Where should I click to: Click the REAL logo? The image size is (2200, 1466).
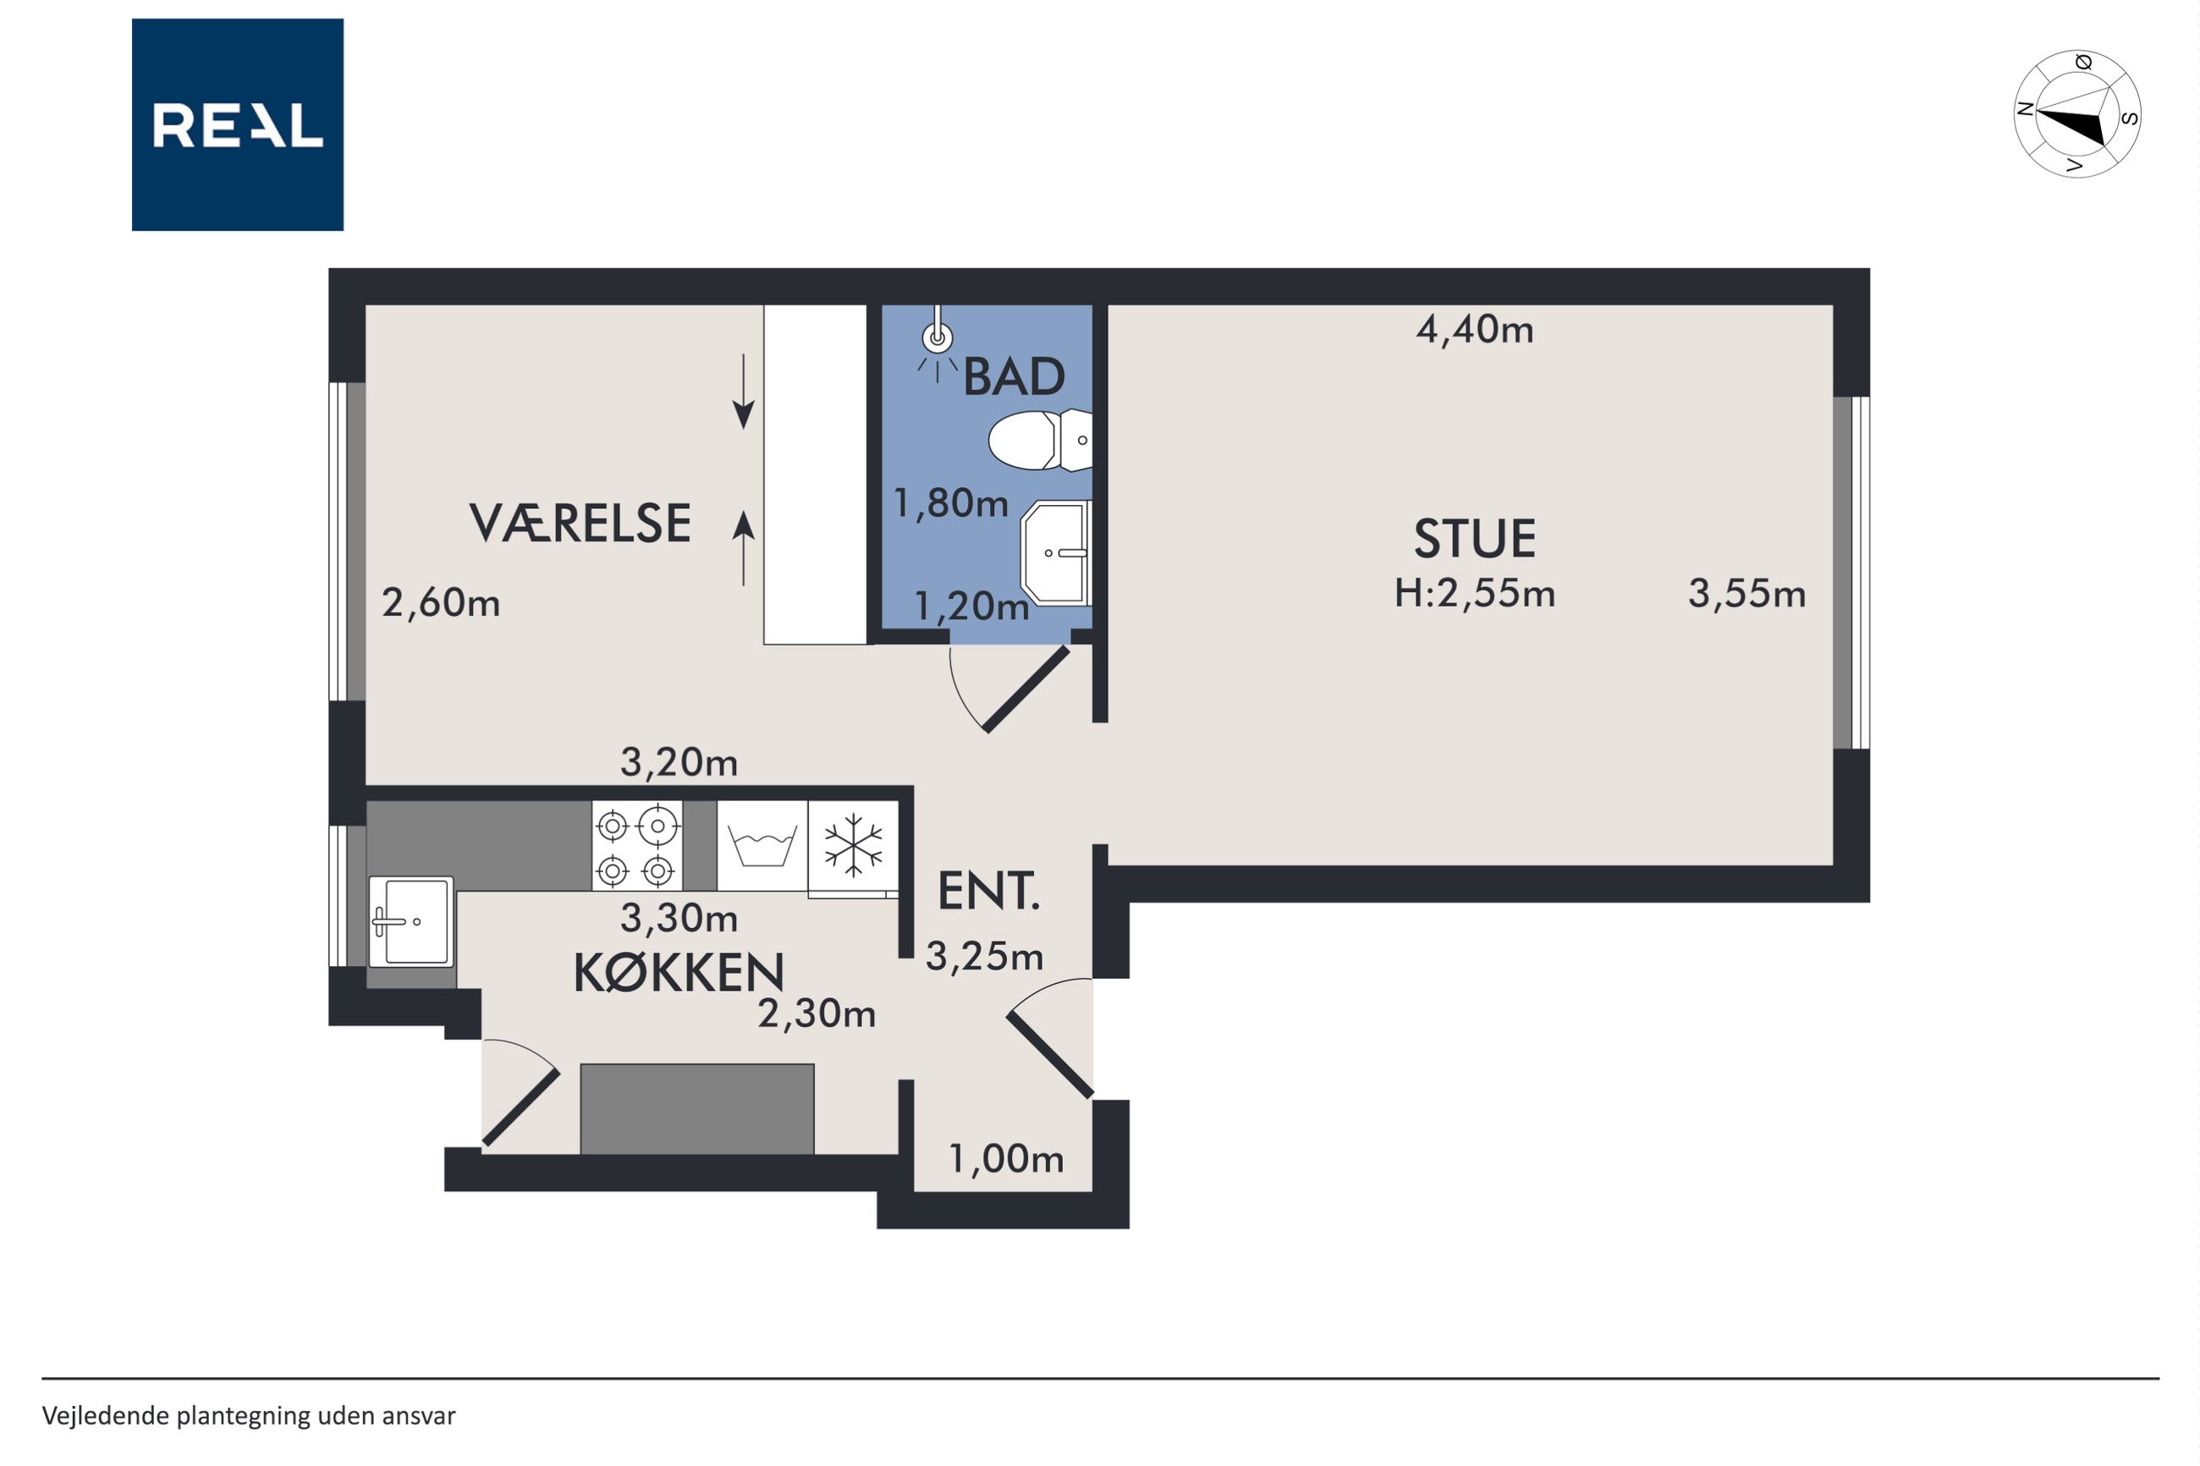(238, 124)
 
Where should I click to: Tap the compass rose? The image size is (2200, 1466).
(2077, 114)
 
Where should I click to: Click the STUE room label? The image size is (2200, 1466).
(1475, 539)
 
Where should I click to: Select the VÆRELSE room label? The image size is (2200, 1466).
(580, 523)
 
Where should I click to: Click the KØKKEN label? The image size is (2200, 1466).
(679, 974)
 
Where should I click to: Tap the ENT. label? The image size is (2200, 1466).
(988, 891)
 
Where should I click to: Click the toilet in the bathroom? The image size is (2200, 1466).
(1040, 439)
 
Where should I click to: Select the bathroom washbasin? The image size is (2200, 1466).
(1057, 552)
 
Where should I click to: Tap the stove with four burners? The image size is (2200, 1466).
(636, 845)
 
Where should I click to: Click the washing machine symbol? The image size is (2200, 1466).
(762, 845)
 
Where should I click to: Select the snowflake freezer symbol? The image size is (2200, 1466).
(853, 845)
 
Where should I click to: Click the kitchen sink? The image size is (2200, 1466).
(411, 921)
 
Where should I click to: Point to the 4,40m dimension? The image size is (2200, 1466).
(1475, 330)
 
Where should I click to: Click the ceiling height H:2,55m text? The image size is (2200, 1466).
(1475, 594)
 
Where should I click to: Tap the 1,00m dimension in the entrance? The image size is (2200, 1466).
(1006, 1159)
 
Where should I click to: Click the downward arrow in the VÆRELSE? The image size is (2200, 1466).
(743, 392)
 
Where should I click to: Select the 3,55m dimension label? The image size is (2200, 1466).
(1746, 595)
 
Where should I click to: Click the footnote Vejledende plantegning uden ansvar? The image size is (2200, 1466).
(249, 1415)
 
